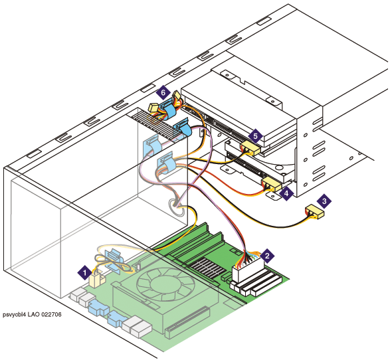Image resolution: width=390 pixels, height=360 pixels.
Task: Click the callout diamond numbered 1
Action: pyautogui.click(x=84, y=272)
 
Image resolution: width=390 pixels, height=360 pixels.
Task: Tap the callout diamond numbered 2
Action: pyautogui.click(x=267, y=256)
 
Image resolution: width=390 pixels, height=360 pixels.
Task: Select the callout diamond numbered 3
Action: pyautogui.click(x=324, y=201)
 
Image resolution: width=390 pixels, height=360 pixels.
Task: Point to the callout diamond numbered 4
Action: pyautogui.click(x=286, y=193)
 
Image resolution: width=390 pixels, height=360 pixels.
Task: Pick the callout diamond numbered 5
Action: pyautogui.click(x=255, y=136)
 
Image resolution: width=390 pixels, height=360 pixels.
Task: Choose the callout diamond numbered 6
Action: pyautogui.click(x=163, y=93)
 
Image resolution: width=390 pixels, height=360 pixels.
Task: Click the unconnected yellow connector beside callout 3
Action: pyautogui.click(x=315, y=212)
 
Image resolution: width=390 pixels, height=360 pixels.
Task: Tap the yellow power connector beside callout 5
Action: pyautogui.click(x=250, y=147)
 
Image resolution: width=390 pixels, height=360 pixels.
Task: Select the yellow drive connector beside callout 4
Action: pyautogui.click(x=272, y=184)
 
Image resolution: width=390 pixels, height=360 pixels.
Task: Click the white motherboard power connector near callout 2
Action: pyautogui.click(x=248, y=269)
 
